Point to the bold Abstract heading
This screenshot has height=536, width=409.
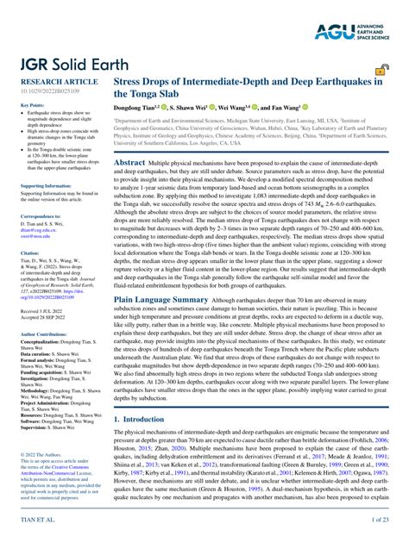129,162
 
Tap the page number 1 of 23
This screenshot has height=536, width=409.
380,521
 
